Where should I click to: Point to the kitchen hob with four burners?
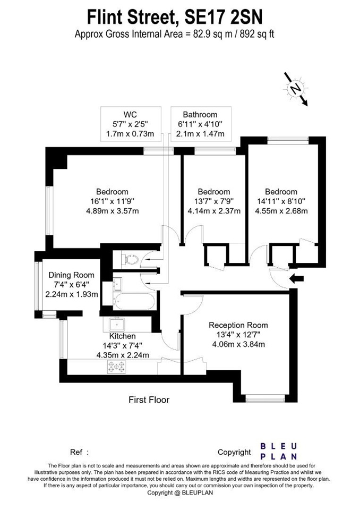tap(116, 366)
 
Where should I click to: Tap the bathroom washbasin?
tap(117, 283)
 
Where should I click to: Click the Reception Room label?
tap(238, 325)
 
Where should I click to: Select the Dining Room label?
tap(71, 275)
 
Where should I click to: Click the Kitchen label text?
tap(122, 336)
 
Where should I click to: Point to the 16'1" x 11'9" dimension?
tap(112, 201)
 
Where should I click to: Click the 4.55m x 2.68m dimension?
tap(281, 211)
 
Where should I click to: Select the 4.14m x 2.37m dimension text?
tap(213, 211)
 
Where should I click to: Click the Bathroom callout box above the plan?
tap(200, 124)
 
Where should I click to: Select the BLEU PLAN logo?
tap(279, 451)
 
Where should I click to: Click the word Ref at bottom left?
tap(76, 452)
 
